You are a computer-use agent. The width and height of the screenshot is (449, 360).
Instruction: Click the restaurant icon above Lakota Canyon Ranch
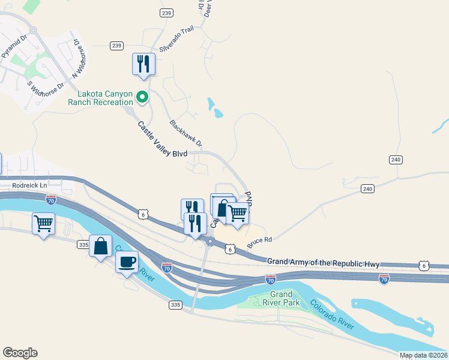point(143,63)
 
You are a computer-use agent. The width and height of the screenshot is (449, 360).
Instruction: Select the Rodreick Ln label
point(23,185)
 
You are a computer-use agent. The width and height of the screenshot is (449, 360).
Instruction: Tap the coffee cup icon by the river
point(127,262)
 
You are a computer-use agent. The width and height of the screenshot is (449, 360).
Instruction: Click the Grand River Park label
point(281,298)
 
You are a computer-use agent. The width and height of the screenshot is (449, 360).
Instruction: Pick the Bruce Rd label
point(259,242)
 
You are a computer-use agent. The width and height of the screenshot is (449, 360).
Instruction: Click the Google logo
point(20,353)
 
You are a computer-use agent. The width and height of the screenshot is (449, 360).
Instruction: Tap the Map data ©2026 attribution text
point(423,355)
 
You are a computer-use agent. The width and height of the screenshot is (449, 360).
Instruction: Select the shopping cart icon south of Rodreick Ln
point(43,223)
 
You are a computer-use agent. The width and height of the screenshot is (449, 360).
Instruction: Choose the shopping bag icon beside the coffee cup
point(100,245)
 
